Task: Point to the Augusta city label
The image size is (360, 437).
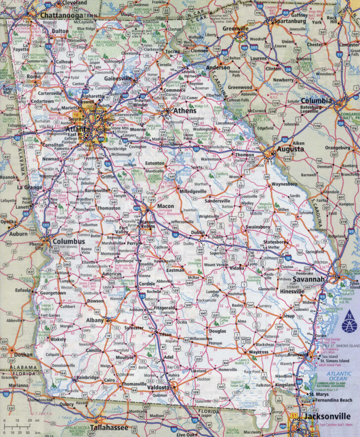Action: tap(290, 148)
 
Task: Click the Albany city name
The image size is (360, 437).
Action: tap(95, 320)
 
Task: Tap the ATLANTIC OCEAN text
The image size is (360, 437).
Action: tap(345, 377)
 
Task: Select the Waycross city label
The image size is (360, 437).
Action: tap(258, 352)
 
